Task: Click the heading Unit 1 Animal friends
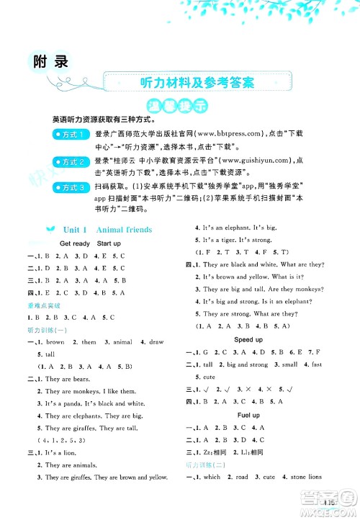pyautogui.click(x=108, y=230)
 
